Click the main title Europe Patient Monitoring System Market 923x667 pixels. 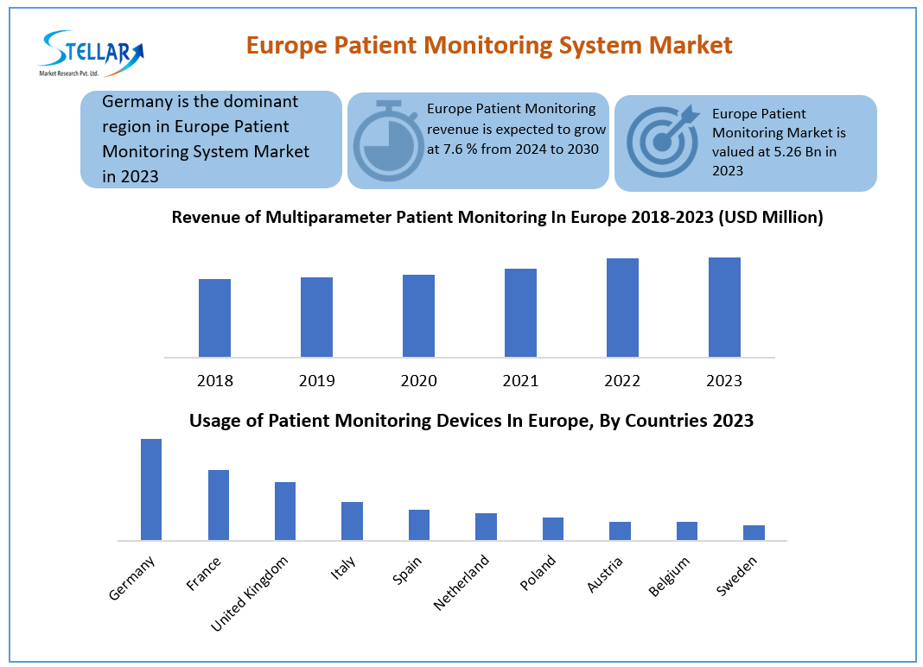click(489, 45)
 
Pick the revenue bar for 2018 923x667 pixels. click(214, 317)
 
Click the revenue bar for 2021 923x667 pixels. click(520, 312)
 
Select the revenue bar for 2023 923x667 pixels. click(724, 307)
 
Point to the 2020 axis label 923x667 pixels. click(418, 381)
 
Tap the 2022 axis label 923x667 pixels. click(622, 381)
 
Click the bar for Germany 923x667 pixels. click(151, 489)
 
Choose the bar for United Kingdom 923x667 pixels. click(285, 511)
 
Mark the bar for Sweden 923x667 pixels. click(754, 532)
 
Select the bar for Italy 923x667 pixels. click(352, 520)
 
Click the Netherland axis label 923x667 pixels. click(462, 582)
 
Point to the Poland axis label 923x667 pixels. click(538, 573)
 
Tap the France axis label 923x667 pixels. click(205, 574)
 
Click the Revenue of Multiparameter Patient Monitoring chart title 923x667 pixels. click(497, 218)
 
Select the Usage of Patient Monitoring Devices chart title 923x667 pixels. click(471, 421)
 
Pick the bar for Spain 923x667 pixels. click(419, 524)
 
